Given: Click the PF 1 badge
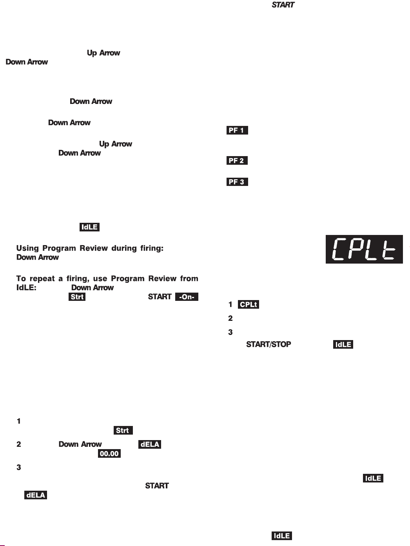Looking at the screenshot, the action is pos(237,130).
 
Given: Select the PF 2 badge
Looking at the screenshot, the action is pos(237,160).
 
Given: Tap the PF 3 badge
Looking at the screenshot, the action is pos(237,182).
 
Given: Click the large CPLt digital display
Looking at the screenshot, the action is pos(364,249).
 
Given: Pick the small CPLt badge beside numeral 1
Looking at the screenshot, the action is pos(249,304).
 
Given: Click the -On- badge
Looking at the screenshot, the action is pos(187,297).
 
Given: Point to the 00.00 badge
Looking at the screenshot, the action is pos(109,454).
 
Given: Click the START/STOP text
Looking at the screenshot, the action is pos(268,345).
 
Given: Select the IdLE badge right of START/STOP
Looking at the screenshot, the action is pos(343,345).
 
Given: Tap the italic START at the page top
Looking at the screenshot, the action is pos(283,5).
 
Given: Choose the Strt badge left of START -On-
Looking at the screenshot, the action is pos(77,297).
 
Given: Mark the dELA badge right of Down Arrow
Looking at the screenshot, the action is pos(150,444).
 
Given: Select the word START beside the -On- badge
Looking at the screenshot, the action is pos(159,297).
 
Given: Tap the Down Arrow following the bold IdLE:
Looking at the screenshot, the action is pos(93,288).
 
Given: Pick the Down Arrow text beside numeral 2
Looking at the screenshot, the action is pos(80,444).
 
